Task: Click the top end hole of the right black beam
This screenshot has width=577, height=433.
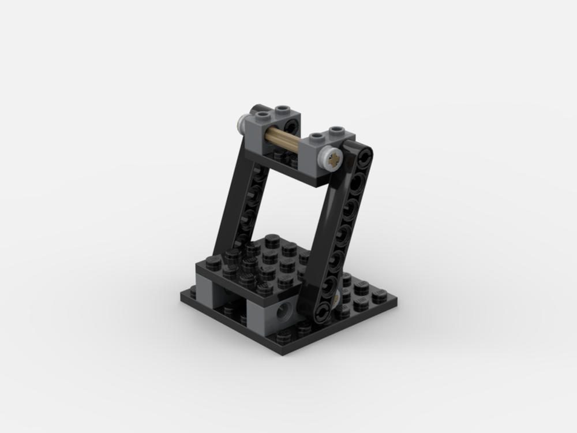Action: tap(364, 155)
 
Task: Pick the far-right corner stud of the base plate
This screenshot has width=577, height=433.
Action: tap(379, 296)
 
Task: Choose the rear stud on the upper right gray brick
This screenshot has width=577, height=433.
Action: tap(336, 130)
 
